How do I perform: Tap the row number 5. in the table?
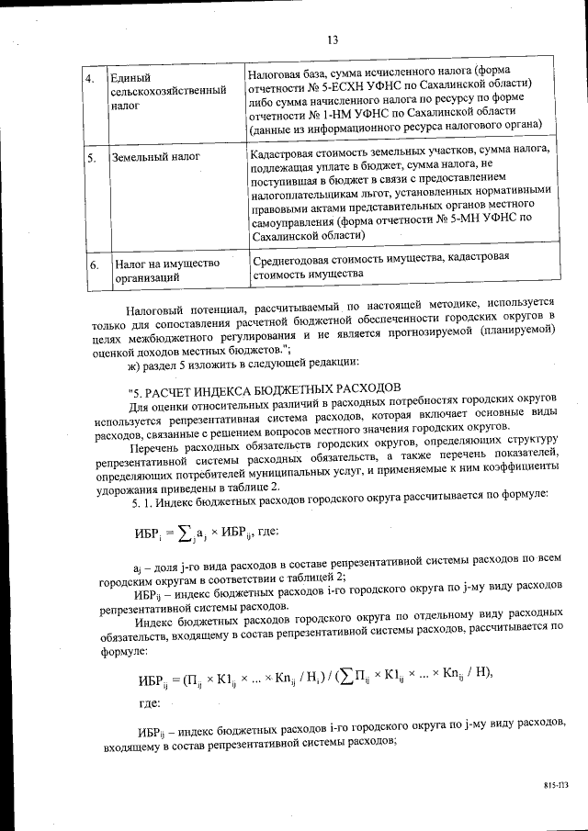click(x=92, y=159)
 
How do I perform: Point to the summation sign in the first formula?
click(x=183, y=533)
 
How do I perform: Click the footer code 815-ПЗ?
click(x=555, y=787)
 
